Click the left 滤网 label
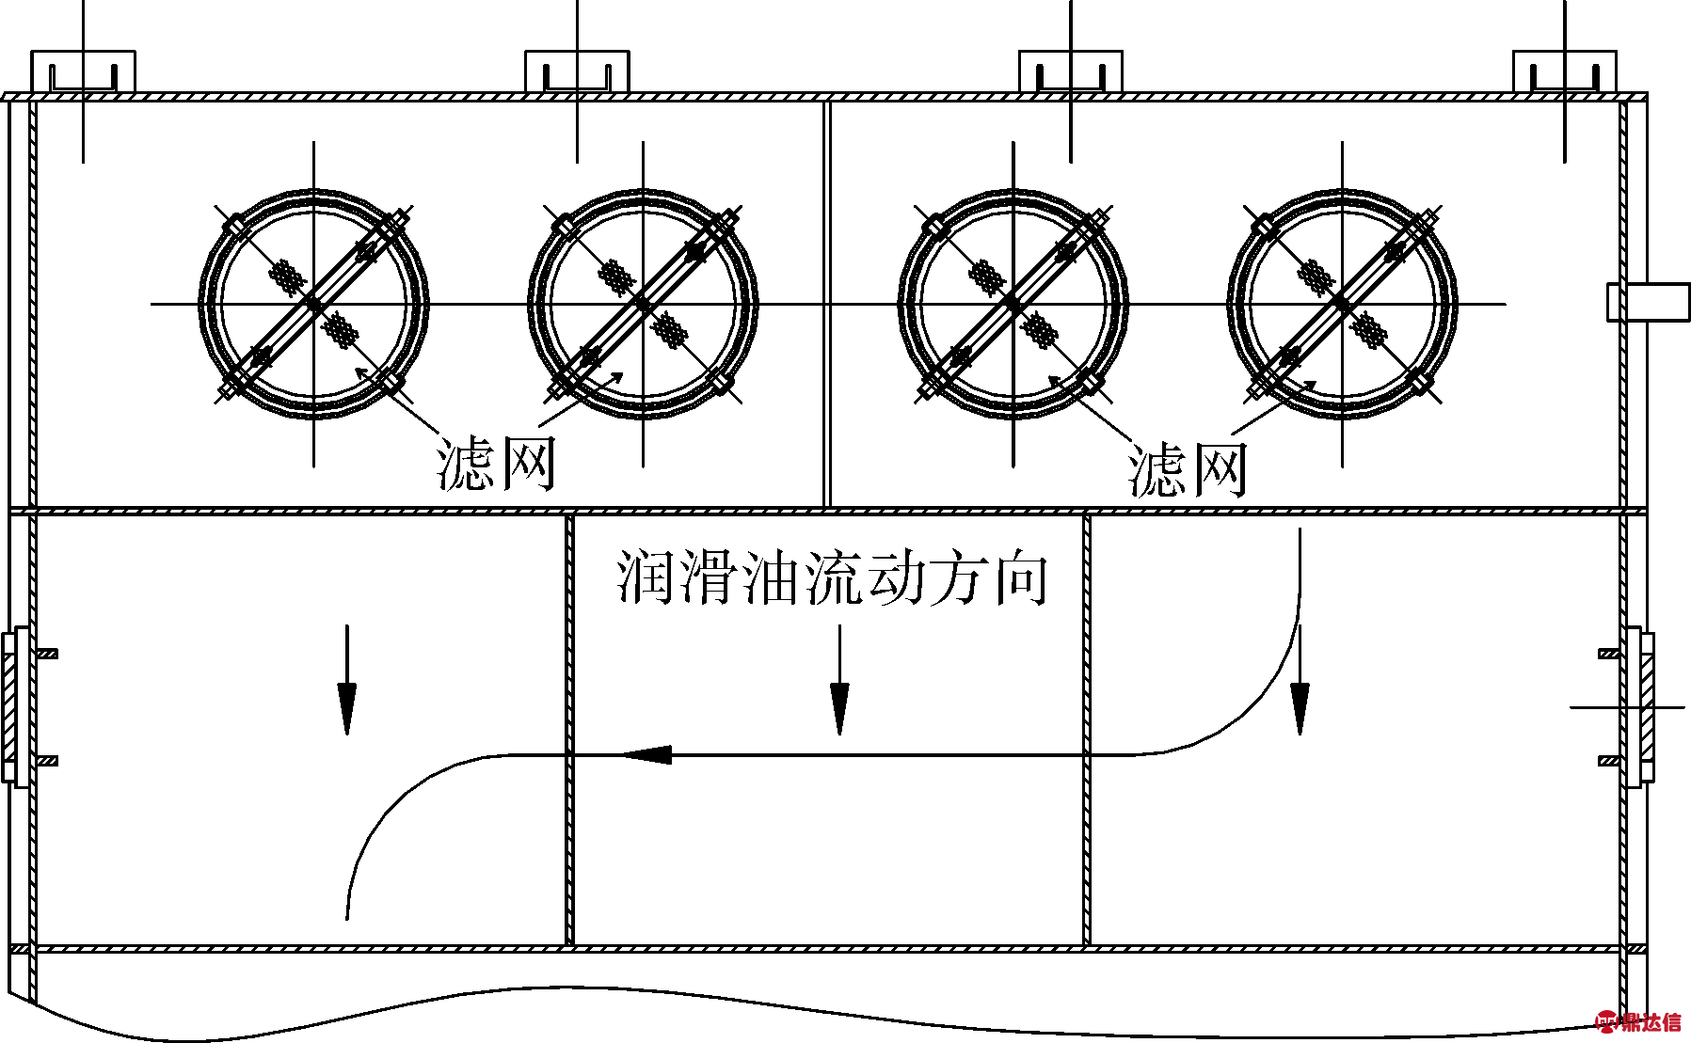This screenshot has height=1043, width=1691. coord(496,464)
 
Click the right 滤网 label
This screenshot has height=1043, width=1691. coord(1188,469)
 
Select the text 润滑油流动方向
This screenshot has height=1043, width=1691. coord(833,577)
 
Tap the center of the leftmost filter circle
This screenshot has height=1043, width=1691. coord(314,304)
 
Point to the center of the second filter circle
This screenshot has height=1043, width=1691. coord(644,304)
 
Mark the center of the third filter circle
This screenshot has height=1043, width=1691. coord(1013,304)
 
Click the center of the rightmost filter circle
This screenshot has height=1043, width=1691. coord(1343,304)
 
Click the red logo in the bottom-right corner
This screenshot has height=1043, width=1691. coord(1638,1021)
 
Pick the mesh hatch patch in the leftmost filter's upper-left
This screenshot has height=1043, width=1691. coord(288,276)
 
